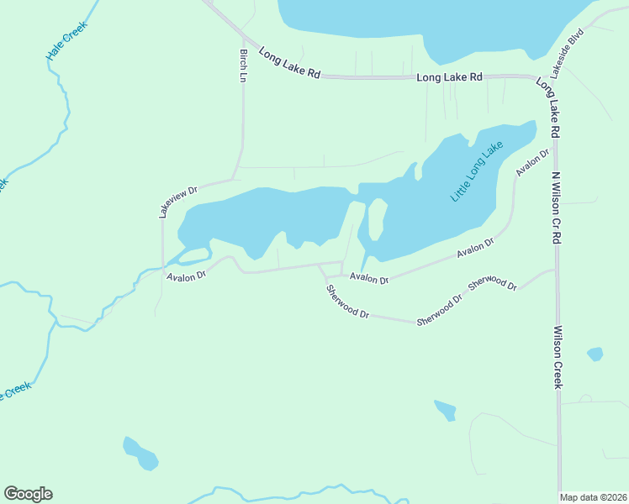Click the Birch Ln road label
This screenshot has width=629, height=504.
[x=243, y=66]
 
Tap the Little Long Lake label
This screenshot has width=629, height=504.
[x=477, y=171]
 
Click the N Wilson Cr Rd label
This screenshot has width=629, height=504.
[x=556, y=208]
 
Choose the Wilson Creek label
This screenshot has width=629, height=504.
[x=556, y=358]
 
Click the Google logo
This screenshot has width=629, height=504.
[x=28, y=493]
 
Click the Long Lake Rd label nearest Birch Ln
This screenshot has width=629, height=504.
[x=289, y=63]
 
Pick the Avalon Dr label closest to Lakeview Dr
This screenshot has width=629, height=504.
[x=186, y=276]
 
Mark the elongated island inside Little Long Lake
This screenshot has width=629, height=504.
[x=377, y=219]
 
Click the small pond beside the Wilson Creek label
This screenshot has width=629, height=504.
[x=595, y=354]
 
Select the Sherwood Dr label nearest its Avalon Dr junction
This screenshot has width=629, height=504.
[x=348, y=302]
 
